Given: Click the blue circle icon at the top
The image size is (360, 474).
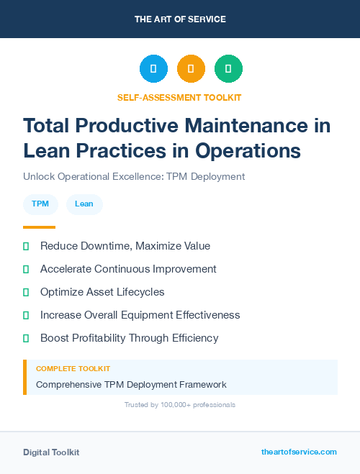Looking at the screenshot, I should (153, 69).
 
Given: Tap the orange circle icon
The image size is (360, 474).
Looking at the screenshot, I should (191, 69).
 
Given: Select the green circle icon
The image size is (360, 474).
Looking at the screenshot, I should (228, 69).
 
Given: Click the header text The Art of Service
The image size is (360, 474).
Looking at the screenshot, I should (180, 19).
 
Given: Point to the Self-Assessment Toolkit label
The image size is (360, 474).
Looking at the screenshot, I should (179, 97).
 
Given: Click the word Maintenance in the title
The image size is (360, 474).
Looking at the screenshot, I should (243, 126).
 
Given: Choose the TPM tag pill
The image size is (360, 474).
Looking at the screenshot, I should (40, 204).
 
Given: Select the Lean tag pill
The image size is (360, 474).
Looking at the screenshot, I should (84, 204).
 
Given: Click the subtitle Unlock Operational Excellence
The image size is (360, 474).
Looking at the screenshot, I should (134, 176).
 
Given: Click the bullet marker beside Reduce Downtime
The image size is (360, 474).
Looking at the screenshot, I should (26, 246).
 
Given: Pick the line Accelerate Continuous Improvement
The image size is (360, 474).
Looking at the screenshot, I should (128, 269).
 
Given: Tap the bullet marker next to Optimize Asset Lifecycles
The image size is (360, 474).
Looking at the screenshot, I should (26, 292).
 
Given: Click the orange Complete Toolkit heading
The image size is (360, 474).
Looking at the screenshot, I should (73, 368).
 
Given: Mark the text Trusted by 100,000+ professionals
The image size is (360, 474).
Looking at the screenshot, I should (180, 405).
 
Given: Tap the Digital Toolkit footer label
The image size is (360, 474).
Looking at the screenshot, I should (51, 452).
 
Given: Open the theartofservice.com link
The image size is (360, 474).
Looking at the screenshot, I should (299, 452).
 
